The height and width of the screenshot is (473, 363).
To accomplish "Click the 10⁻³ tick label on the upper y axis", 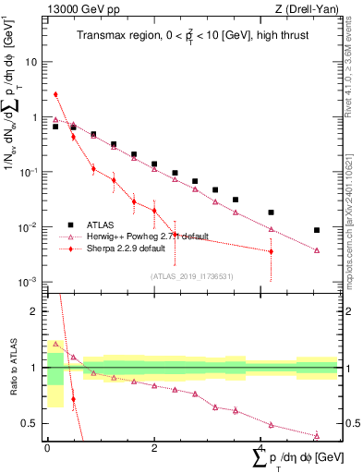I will pyautogui.click(x=31, y=282).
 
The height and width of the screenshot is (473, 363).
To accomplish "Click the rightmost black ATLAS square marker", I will pyautogui.click(x=317, y=230).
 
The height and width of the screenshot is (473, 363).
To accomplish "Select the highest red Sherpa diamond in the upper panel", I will pyautogui.click(x=55, y=94).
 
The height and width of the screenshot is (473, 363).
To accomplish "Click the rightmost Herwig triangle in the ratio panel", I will pyautogui.click(x=317, y=436).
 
